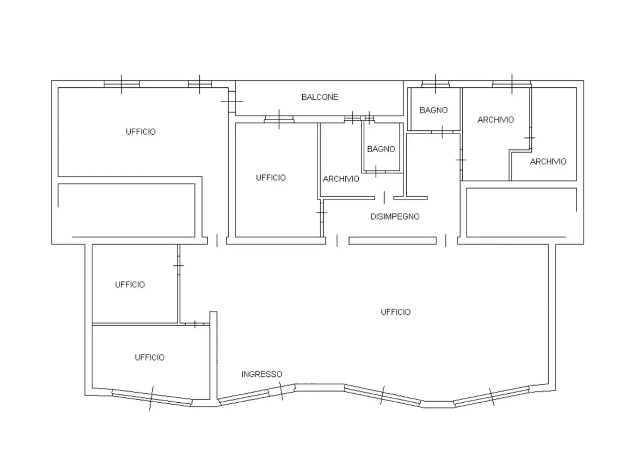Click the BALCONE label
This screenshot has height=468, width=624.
319,97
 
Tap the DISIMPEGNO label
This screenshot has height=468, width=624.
395,216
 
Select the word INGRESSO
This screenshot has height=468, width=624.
261,374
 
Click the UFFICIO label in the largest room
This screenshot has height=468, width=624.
395,312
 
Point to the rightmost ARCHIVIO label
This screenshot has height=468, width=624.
548,161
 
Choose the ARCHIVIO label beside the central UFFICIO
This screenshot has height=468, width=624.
341,179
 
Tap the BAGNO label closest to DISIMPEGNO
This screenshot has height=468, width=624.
381,149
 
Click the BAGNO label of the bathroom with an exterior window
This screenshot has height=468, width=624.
433,110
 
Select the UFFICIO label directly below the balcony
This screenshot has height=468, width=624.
271,177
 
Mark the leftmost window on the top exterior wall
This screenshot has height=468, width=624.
121,84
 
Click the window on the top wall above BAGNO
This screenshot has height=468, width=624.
435,84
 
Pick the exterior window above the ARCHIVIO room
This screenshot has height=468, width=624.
511,84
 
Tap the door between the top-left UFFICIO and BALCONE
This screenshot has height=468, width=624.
232,101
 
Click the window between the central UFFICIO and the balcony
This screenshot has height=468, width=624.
279,119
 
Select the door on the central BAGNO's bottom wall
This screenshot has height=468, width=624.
375,172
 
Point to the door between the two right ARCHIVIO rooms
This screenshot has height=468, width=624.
530,138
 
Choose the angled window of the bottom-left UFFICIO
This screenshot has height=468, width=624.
152,398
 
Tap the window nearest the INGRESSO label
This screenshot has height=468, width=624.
257,394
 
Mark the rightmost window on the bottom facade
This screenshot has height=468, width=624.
491,396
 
